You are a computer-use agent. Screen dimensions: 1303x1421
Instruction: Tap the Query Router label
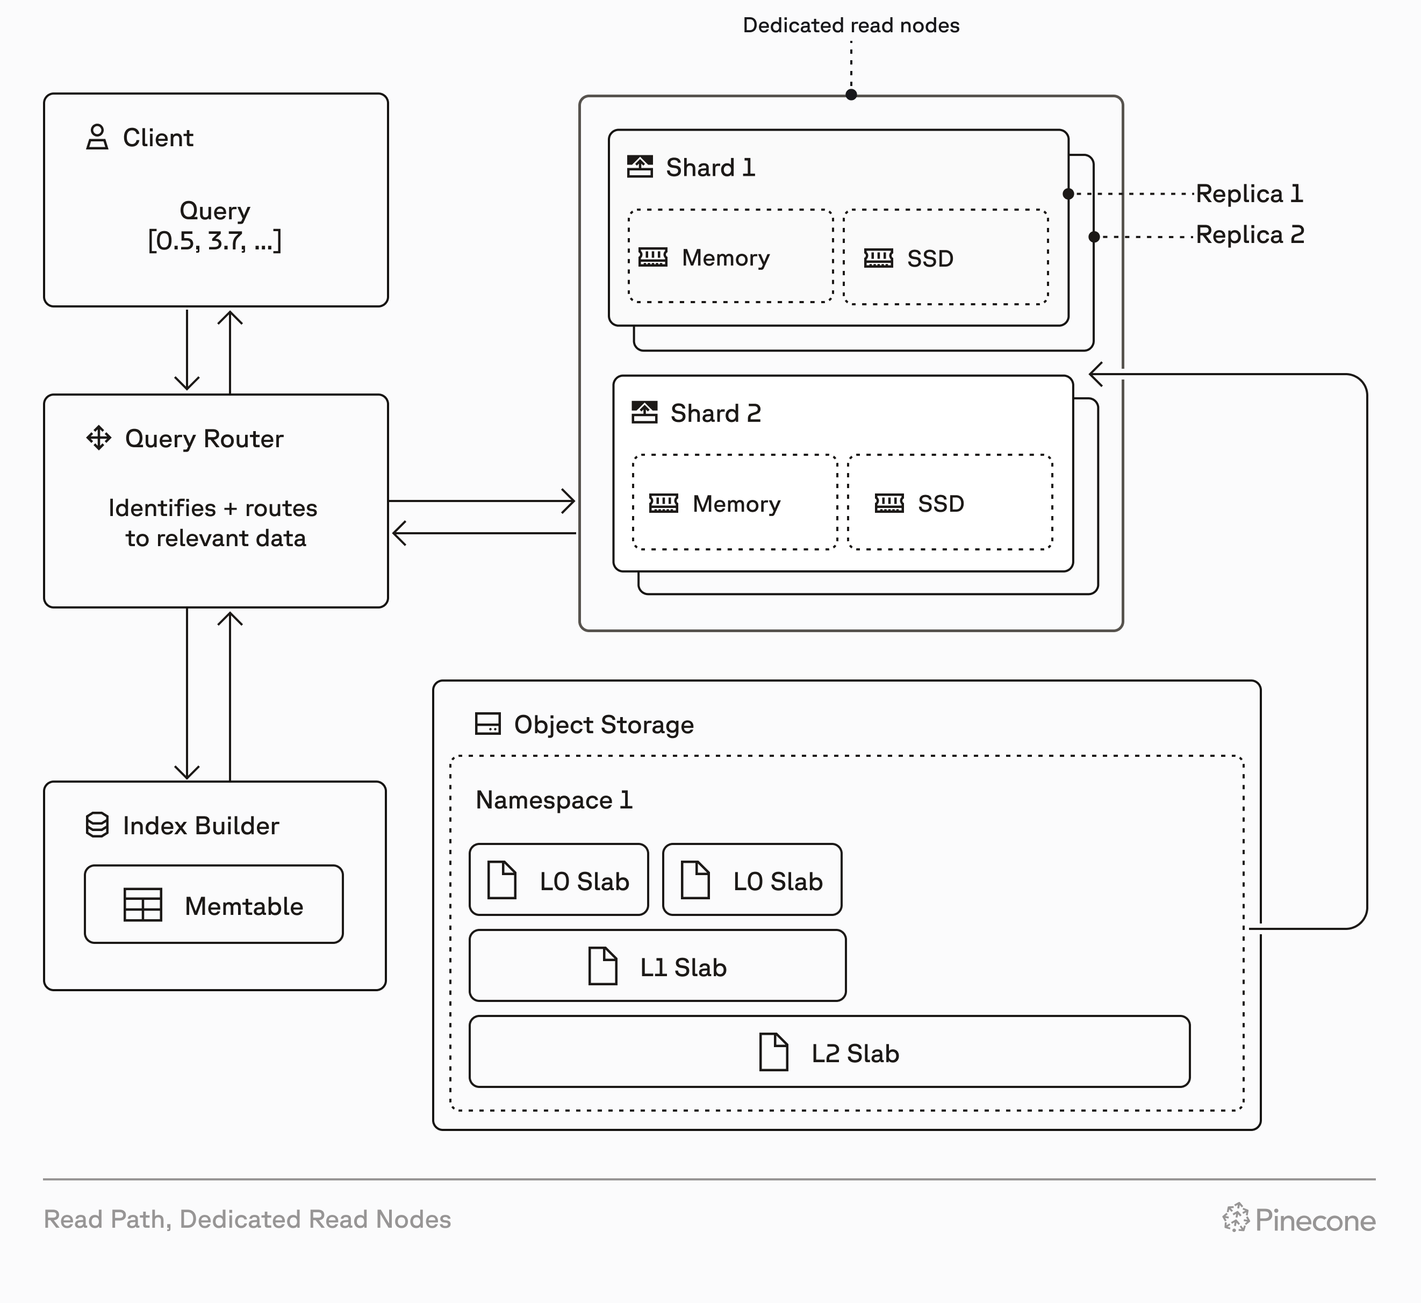point(204,439)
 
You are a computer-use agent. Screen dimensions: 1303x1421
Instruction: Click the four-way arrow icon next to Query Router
point(99,438)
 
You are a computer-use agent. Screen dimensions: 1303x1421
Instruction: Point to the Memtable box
point(213,905)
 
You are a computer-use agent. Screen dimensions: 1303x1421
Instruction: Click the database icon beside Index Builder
point(97,825)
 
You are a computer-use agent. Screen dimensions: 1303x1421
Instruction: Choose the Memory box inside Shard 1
point(730,256)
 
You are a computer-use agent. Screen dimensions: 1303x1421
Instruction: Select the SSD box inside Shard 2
point(950,503)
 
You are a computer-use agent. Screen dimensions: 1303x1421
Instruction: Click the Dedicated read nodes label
point(851,25)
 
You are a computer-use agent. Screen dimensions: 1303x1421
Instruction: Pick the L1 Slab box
point(657,966)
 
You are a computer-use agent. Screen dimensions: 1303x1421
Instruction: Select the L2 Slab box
point(829,1052)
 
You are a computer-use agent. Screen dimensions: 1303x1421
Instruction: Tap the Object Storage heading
point(604,724)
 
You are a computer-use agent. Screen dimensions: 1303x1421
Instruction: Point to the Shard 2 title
point(715,413)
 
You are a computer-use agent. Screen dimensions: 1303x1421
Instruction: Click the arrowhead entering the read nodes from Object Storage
point(1096,375)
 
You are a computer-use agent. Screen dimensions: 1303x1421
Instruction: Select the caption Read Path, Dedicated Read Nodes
point(247,1219)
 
